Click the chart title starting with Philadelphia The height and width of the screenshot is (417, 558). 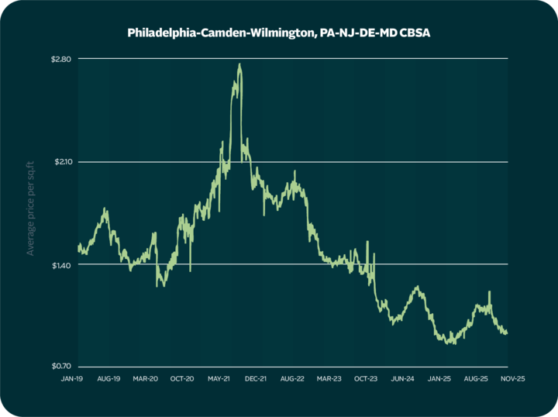[x=279, y=33]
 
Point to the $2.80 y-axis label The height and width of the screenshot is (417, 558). [x=60, y=59]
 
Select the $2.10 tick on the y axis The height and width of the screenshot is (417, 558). [x=60, y=161]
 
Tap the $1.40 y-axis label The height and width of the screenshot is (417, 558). [x=60, y=264]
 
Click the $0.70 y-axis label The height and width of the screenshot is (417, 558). [x=60, y=367]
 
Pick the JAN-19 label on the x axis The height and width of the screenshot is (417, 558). [x=74, y=379]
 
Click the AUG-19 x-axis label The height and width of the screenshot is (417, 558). [x=109, y=379]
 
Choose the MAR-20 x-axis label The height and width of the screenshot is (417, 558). [x=146, y=379]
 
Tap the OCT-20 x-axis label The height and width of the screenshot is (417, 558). [x=182, y=379]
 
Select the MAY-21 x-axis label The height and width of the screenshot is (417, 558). [x=219, y=379]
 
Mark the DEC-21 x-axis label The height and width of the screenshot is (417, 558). [x=255, y=379]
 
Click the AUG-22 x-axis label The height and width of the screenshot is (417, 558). [x=291, y=379]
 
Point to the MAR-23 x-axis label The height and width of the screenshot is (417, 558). [x=328, y=379]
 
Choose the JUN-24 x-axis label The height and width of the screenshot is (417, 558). [x=401, y=379]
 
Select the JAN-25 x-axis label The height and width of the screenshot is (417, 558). [x=439, y=379]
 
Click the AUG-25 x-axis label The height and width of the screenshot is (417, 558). [x=475, y=379]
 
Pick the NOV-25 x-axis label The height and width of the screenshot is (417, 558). [x=508, y=379]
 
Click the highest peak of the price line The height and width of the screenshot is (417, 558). [x=239, y=64]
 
